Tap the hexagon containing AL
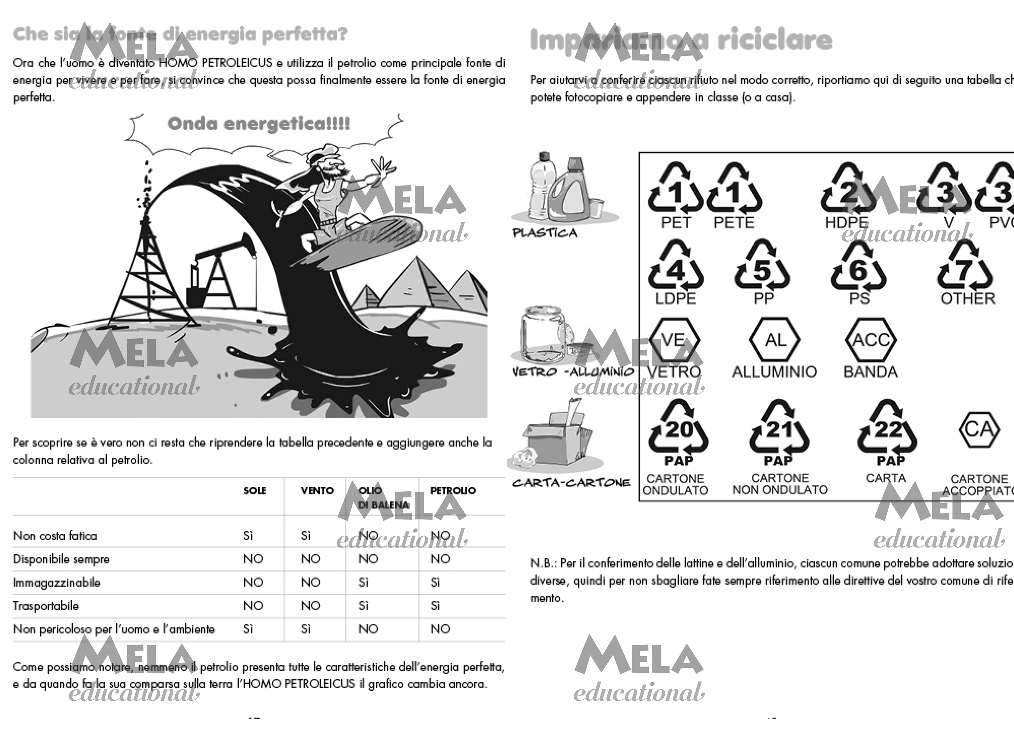pos(775,340)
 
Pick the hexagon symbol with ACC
pos(871,340)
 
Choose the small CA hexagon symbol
pos(979,429)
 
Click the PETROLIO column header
pos(453,491)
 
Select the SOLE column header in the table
pos(254,491)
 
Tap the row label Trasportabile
pos(46,606)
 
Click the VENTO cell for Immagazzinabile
pos(310,582)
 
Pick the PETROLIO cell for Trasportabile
pos(435,606)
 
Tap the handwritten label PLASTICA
pos(545,233)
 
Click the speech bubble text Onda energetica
pos(258,123)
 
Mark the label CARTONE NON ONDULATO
pos(780,484)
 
